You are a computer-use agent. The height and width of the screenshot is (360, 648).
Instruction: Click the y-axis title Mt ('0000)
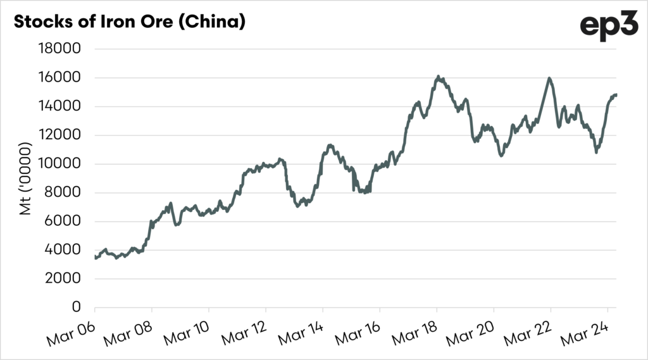(26, 179)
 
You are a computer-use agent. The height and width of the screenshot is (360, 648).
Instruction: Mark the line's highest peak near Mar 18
(438, 77)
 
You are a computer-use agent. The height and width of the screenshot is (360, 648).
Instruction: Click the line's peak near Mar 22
(549, 78)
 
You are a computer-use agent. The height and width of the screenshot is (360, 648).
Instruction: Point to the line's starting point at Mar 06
(95, 258)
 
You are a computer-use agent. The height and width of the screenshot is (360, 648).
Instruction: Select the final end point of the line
(616, 95)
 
